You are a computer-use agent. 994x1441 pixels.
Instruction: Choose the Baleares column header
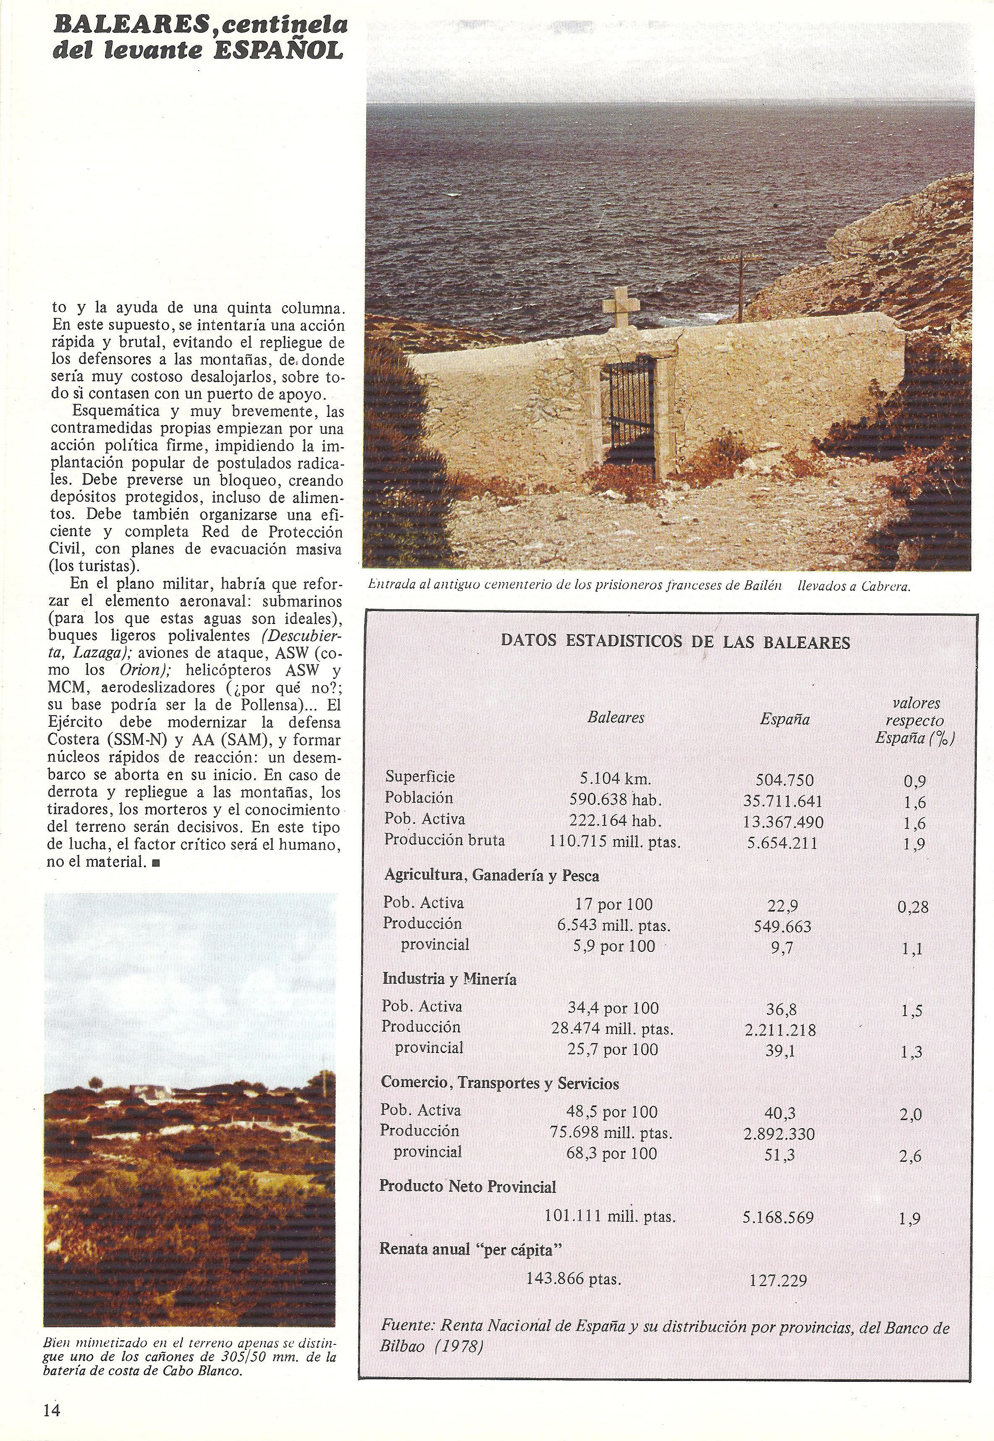[x=615, y=718]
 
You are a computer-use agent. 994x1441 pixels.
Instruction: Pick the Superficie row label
[x=420, y=776]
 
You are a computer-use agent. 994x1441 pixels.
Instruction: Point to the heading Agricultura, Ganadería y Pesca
[x=491, y=875]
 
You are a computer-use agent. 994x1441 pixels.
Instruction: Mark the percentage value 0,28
[x=913, y=907]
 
